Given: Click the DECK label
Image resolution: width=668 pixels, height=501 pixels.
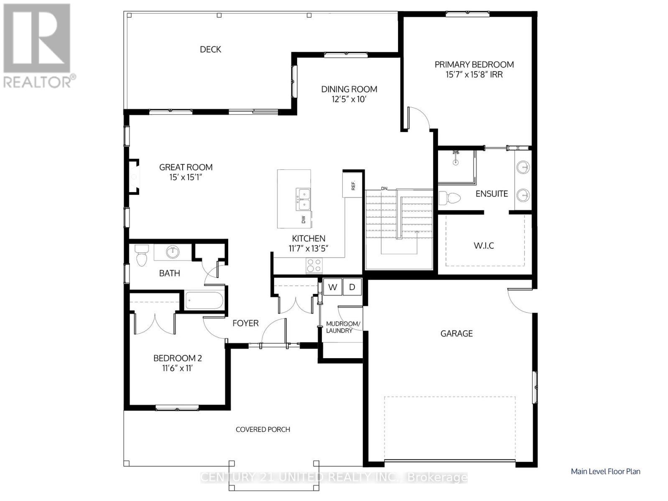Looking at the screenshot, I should (210, 49).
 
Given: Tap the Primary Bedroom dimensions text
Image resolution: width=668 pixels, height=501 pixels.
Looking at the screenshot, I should (474, 75).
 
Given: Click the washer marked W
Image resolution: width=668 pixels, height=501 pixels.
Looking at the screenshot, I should (333, 287).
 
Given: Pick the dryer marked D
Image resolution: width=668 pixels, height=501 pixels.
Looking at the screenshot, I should (352, 287).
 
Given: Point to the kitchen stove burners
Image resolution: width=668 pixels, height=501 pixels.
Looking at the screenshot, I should (314, 266).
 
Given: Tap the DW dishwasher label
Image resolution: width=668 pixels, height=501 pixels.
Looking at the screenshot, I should (304, 219).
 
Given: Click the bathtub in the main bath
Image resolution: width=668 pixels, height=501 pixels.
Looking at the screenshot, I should (205, 300).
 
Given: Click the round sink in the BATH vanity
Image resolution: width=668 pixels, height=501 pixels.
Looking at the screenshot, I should (172, 252).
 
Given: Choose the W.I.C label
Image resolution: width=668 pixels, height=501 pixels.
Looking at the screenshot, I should (484, 245).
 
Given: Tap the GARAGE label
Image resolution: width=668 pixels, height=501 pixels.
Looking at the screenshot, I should (456, 333).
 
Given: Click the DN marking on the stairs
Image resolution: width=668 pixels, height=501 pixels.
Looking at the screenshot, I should (384, 188).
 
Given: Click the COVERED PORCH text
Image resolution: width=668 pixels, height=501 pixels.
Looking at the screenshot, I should (263, 429).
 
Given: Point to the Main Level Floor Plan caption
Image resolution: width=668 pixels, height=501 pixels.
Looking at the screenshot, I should (605, 471).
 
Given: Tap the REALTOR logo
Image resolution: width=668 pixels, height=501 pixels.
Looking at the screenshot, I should (38, 45).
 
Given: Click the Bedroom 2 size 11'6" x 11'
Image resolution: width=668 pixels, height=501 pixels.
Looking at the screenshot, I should (177, 368).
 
